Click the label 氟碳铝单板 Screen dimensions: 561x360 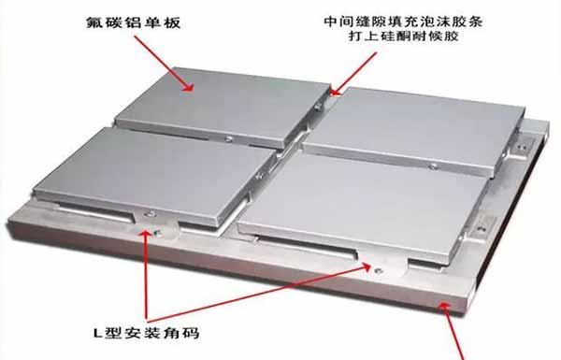pyautogui.click(x=134, y=22)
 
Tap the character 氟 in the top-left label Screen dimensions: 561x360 pyautogui.click(x=93, y=22)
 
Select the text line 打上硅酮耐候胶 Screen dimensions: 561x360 pyautogui.click(x=403, y=36)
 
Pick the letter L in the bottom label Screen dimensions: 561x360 pyautogui.click(x=98, y=334)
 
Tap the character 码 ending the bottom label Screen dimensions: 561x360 pyautogui.click(x=191, y=333)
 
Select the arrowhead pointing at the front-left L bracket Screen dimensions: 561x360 pyautogui.click(x=145, y=236)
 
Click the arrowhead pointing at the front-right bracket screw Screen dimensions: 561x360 pyautogui.click(x=365, y=266)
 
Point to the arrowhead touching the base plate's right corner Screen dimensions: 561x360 pyautogui.click(x=445, y=307)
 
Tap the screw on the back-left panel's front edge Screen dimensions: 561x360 pyautogui.click(x=229, y=138)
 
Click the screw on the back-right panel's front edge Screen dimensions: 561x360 pyautogui.click(x=433, y=166)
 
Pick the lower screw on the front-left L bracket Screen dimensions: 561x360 pyautogui.click(x=157, y=234)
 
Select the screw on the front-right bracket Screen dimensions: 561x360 pyautogui.click(x=378, y=270)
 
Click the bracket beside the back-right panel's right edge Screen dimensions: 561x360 pyautogui.click(x=523, y=146)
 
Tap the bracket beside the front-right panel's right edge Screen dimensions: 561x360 pyautogui.click(x=482, y=226)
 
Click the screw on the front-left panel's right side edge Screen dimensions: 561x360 pyautogui.click(x=259, y=176)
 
